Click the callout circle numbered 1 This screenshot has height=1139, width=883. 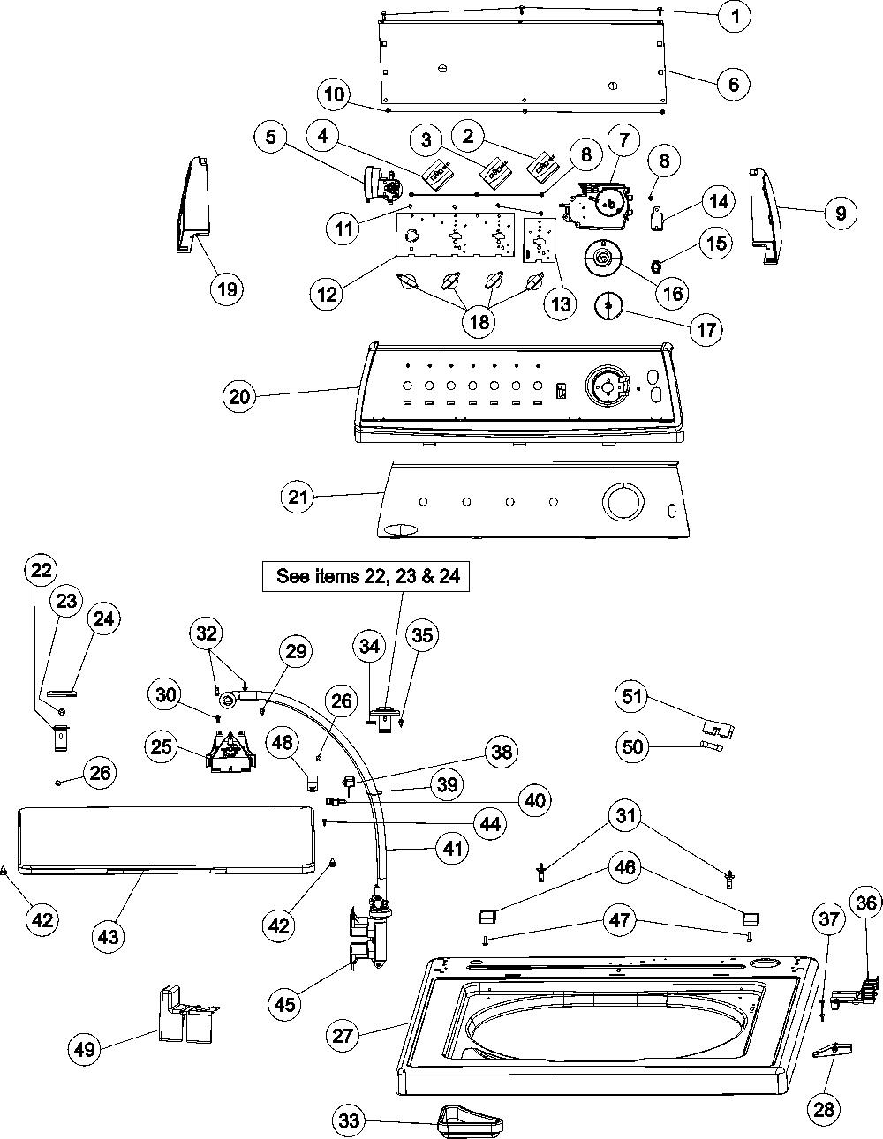[x=736, y=17]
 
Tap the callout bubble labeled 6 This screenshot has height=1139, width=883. [x=734, y=83]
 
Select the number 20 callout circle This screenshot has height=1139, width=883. [x=239, y=397]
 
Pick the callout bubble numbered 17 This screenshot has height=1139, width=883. [x=706, y=330]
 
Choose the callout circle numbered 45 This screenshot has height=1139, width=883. [x=284, y=1004]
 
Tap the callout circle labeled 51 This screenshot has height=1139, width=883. [x=632, y=697]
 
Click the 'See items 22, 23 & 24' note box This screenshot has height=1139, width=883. [x=366, y=577]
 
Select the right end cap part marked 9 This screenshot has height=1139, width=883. [x=767, y=215]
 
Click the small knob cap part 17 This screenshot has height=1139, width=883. [x=608, y=306]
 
